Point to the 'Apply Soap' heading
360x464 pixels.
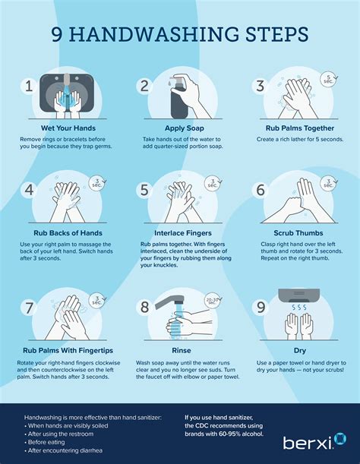(181, 128)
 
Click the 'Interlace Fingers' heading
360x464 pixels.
(181, 232)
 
